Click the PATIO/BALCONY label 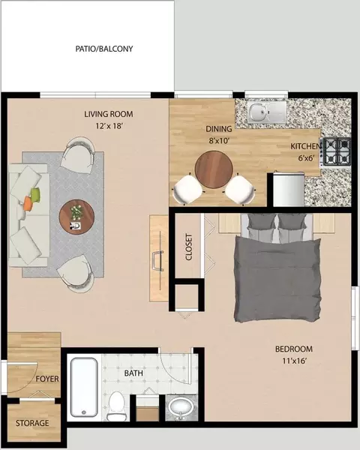coord(104,49)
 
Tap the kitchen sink coord(267,111)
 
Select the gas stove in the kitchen coord(337,151)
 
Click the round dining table coord(214,169)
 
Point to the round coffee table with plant coord(76,217)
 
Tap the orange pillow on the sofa coord(28,203)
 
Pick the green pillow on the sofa coord(35,194)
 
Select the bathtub coord(84,387)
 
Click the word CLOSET coord(188,247)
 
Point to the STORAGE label coord(32,423)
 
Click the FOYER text coord(47,379)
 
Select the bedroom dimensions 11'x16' coord(294,361)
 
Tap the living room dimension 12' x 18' coord(109,126)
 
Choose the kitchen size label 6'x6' coord(304,157)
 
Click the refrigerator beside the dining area coord(289,189)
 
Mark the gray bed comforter coord(277,279)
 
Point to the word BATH coord(133,373)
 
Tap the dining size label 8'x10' coord(219,141)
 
